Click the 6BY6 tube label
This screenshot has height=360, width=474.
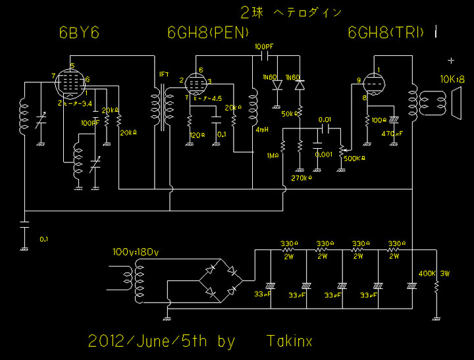point(79,32)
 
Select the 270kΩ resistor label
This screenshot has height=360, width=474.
point(301,178)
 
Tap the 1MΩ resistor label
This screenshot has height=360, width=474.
point(271,155)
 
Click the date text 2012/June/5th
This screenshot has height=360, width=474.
point(161,341)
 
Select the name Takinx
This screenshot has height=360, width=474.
point(289,341)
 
